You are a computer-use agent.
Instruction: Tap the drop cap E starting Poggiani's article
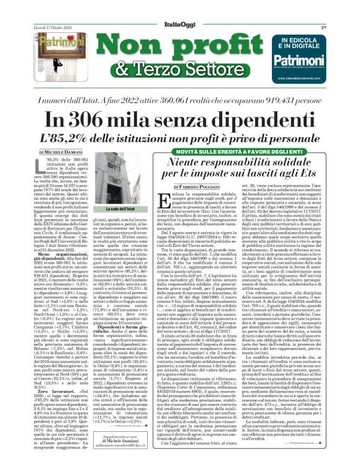point(164,202)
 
